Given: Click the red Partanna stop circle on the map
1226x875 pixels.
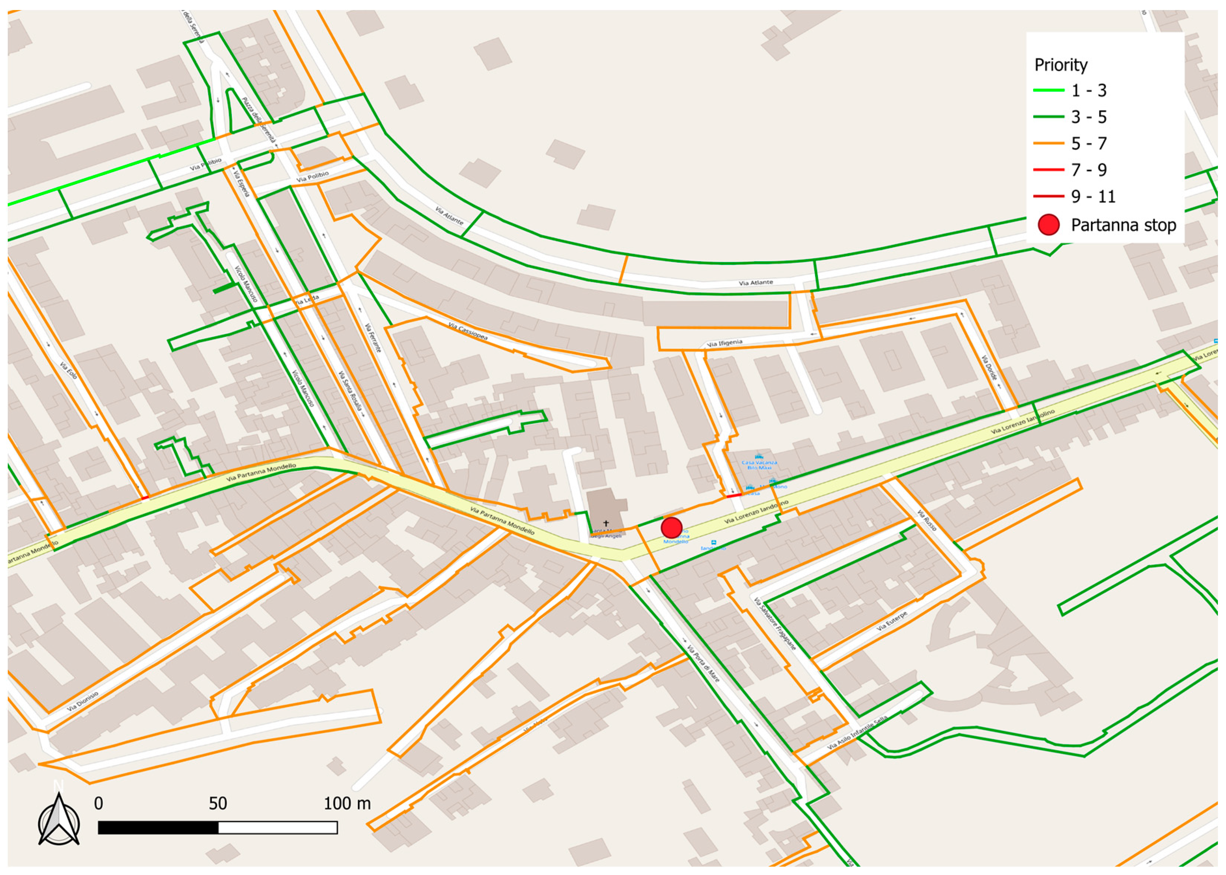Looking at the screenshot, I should (x=671, y=527).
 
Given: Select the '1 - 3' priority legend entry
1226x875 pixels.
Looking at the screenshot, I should (x=1088, y=91).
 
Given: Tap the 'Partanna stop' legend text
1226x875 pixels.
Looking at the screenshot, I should (x=1123, y=225).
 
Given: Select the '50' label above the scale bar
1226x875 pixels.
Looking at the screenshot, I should (x=218, y=804).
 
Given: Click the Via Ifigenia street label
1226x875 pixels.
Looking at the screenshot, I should (x=724, y=343).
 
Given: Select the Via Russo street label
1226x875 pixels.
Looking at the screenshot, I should (x=927, y=521).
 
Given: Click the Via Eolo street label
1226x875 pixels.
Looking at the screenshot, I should (x=68, y=370).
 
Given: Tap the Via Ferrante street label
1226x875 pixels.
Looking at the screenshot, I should (x=373, y=338).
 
